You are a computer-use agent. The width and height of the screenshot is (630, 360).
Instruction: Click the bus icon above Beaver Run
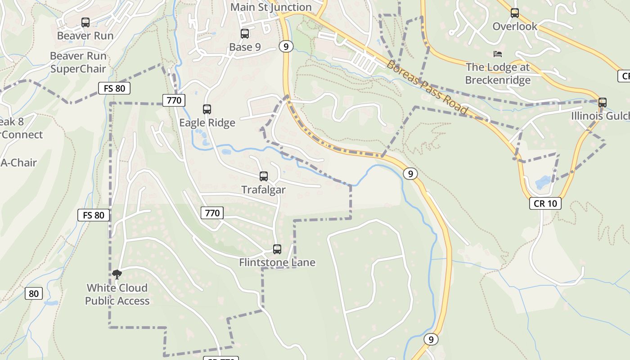coord(85,22)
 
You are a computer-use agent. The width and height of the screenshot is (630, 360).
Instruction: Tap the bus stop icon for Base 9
coord(245,34)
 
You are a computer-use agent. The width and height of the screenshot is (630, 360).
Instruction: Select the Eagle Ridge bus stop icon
coord(207,109)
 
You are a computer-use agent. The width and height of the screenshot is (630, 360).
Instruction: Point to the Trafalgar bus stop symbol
coord(264,176)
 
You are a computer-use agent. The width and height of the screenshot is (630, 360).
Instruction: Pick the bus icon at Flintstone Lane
coord(277,249)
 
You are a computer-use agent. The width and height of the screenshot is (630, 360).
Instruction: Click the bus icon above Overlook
coord(515,13)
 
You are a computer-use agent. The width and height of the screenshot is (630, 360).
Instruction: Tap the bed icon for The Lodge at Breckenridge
coord(497,54)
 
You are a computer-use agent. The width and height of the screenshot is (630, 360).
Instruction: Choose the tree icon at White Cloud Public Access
coord(117,274)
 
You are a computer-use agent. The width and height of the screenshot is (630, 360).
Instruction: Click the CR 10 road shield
coord(545,203)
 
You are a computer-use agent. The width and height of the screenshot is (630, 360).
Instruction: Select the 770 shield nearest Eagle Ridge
coord(174,100)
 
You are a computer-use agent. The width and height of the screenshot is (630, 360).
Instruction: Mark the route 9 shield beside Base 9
coord(286,46)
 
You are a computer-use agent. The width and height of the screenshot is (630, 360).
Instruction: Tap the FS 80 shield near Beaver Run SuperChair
coord(114,88)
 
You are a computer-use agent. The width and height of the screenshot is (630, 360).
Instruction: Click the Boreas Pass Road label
coord(427,87)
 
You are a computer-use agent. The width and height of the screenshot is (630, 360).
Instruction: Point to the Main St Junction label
coord(271,7)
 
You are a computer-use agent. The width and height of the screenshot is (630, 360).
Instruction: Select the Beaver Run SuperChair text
coord(78,63)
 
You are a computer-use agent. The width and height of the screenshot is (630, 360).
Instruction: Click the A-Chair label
coord(18,162)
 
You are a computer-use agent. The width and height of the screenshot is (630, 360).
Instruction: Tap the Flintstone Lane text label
coord(277,262)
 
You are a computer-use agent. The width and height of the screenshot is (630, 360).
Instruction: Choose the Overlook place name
coord(515,26)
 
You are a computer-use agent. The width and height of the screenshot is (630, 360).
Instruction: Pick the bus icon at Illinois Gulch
coord(603,103)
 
